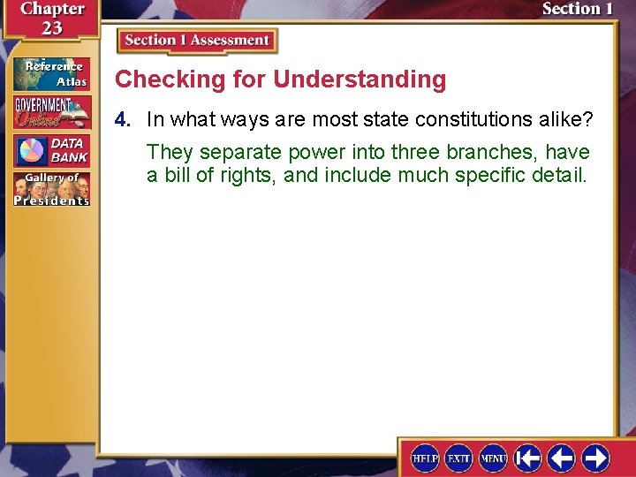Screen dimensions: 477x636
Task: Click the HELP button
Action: pyautogui.click(x=425, y=458)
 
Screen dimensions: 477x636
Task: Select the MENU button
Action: pyautogui.click(x=493, y=458)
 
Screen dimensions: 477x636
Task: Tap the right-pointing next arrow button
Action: pyautogui.click(x=595, y=458)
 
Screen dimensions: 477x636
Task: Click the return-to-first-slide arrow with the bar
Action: pyautogui.click(x=527, y=458)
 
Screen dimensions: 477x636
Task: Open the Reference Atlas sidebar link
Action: pyautogui.click(x=51, y=73)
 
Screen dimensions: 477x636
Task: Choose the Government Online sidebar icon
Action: pyautogui.click(x=51, y=112)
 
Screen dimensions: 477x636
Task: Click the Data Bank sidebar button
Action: pyautogui.click(x=51, y=151)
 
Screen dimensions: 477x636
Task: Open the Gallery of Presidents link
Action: pyautogui.click(x=51, y=189)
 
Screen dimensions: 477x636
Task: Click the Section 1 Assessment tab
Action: pyautogui.click(x=197, y=41)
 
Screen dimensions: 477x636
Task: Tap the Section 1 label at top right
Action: pyautogui.click(x=577, y=9)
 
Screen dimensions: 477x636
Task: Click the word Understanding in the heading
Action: pyautogui.click(x=360, y=79)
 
